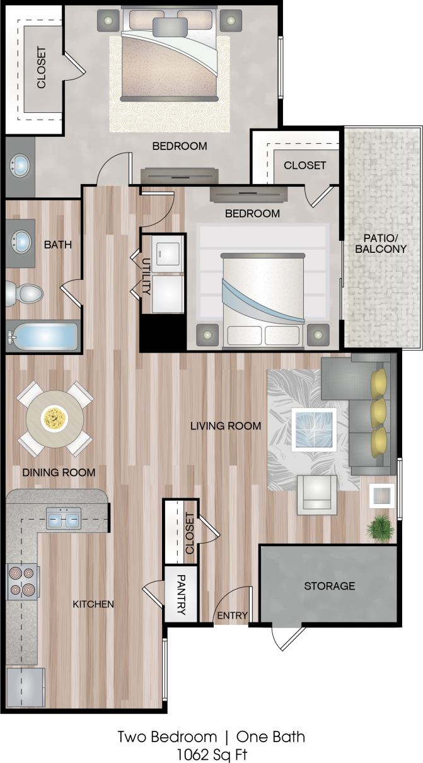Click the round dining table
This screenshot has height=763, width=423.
(x=54, y=418)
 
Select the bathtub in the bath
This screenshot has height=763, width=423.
(x=43, y=337)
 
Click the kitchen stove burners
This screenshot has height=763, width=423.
(x=23, y=581)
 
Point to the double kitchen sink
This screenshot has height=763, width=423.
(x=63, y=520)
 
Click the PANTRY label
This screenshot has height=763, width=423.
(x=180, y=594)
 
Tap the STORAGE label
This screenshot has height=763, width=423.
(x=329, y=586)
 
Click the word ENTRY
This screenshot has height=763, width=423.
(x=233, y=615)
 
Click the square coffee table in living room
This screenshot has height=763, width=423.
(x=314, y=429)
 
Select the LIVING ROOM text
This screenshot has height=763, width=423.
(x=226, y=426)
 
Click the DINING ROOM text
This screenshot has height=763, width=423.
(x=59, y=472)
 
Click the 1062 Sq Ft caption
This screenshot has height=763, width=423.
(x=211, y=752)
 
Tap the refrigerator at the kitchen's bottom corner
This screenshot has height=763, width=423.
(x=25, y=688)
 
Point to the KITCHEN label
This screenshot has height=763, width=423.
(x=93, y=604)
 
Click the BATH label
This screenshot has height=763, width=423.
(x=57, y=244)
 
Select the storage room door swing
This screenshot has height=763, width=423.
(x=287, y=638)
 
